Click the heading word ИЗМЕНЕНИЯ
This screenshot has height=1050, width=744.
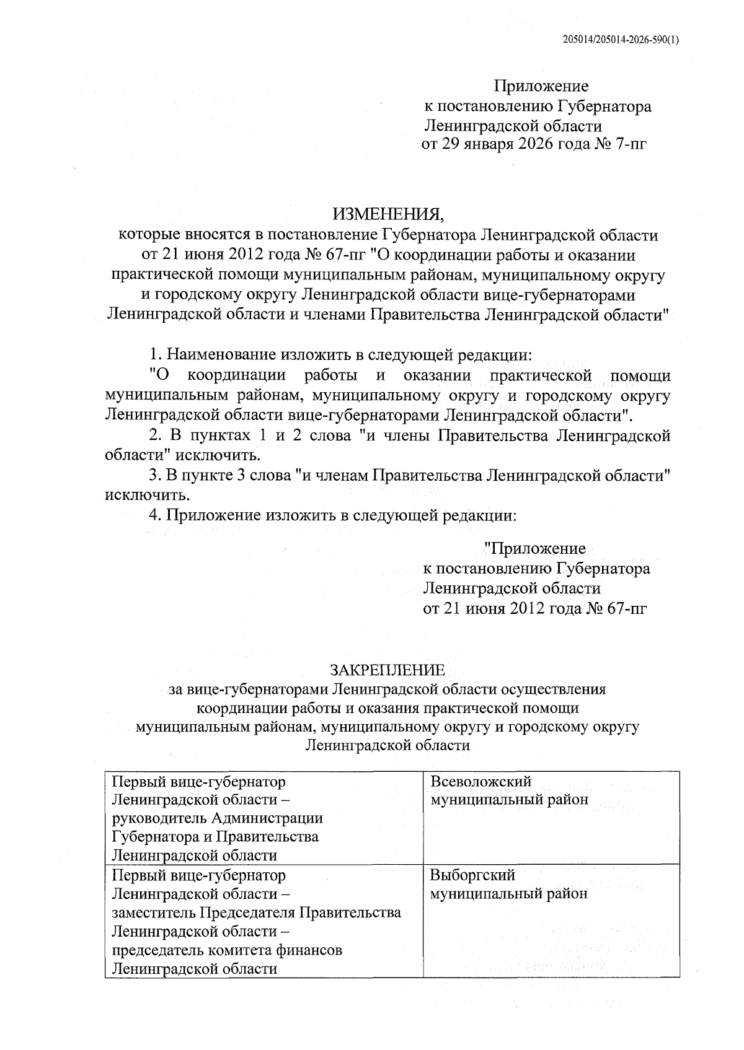point(389,215)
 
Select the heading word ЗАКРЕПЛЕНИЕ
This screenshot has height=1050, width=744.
point(387,670)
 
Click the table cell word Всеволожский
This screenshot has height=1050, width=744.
point(480,781)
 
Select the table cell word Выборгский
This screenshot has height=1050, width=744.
point(472,875)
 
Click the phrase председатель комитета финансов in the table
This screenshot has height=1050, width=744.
point(227,950)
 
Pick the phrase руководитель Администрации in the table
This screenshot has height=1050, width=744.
point(218,818)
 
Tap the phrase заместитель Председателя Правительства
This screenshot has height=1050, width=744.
point(256,912)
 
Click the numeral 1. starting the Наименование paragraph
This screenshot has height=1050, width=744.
point(156,356)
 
